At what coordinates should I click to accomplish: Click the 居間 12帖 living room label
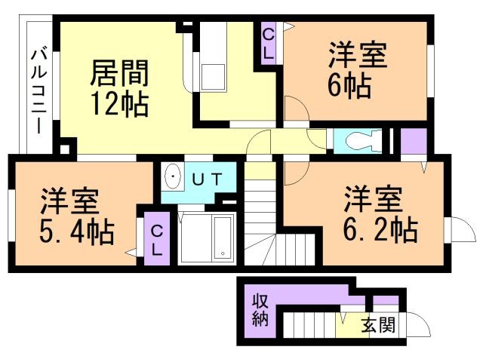[119, 88]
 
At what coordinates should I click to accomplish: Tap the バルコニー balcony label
[39, 91]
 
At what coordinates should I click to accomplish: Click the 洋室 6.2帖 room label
[380, 213]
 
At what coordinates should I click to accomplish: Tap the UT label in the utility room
[208, 179]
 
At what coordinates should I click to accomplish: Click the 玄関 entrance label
[377, 325]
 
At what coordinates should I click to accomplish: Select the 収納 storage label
[260, 310]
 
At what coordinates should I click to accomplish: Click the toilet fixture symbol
[364, 141]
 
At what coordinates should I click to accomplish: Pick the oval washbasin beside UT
[173, 176]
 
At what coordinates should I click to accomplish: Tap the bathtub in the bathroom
[223, 238]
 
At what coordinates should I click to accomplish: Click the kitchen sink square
[213, 77]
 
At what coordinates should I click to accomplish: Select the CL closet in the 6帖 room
[269, 44]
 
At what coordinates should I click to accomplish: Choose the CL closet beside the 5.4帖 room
[157, 238]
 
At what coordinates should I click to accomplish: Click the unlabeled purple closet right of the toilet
[414, 141]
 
